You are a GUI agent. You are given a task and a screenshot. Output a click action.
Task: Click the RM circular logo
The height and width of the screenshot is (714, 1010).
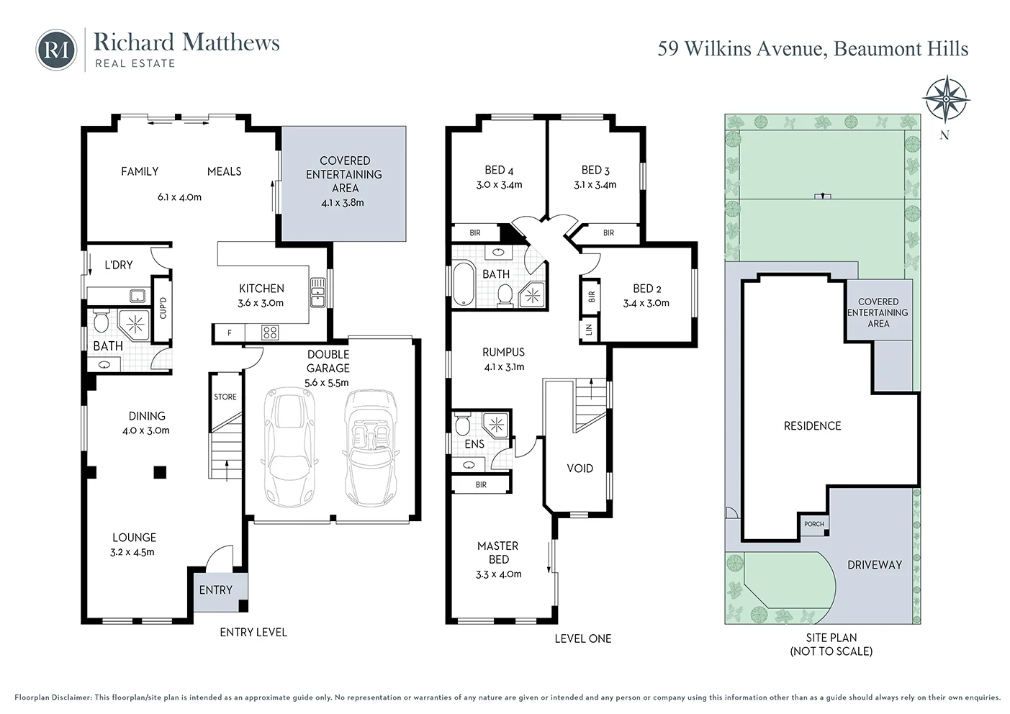tap(56, 49)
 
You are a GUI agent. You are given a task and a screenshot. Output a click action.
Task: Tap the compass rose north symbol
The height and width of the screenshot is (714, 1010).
tap(944, 99)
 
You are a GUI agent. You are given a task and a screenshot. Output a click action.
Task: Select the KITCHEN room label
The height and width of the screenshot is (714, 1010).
tap(261, 288)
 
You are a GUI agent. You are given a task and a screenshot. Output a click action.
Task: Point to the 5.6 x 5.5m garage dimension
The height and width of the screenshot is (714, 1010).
tap(328, 382)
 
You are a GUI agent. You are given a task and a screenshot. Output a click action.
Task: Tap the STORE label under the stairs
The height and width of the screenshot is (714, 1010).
tap(225, 397)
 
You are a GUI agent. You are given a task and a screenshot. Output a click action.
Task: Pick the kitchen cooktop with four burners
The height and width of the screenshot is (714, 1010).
tap(270, 333)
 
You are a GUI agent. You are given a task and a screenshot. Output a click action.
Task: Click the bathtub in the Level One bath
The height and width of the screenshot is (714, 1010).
tap(462, 286)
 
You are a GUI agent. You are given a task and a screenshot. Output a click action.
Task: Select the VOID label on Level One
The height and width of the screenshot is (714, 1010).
tap(580, 469)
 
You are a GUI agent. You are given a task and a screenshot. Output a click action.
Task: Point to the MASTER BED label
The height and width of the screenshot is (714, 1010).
tap(498, 553)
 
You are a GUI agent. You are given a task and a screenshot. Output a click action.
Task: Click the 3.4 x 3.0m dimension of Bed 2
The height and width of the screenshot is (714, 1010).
tap(646, 303)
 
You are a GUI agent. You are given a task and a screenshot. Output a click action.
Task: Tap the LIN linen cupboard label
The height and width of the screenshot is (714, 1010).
tap(589, 330)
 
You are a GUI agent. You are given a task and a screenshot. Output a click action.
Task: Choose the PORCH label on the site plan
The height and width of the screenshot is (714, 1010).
tap(814, 524)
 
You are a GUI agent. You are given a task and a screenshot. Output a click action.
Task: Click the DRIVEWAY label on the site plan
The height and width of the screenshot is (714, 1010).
tap(874, 565)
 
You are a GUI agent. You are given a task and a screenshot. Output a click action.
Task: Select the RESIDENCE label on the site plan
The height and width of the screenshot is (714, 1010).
tap(812, 426)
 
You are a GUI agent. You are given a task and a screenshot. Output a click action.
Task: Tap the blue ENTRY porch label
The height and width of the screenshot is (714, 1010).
tap(216, 590)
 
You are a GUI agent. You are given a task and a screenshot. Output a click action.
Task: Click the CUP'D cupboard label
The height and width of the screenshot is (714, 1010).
tap(163, 307)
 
